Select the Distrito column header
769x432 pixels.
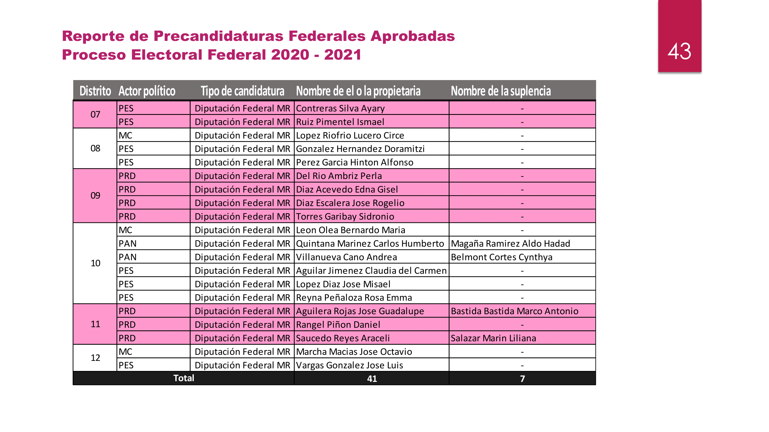point(95,91)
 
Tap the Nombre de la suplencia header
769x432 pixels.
point(501,91)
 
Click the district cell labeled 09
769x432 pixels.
point(95,196)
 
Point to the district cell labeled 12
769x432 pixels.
point(95,357)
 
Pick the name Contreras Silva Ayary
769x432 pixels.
point(340,108)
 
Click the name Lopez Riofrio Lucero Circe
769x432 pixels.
point(350,135)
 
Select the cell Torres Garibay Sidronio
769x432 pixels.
point(345,217)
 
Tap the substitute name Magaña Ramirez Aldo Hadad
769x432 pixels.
point(510,244)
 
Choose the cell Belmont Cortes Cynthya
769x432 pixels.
point(501,257)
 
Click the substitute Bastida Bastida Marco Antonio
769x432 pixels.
point(514,311)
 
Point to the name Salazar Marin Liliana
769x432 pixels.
point(493,338)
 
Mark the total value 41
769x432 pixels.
point(372,379)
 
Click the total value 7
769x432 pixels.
point(522,379)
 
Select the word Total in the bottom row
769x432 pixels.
point(184,378)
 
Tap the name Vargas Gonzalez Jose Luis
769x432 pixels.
point(349,365)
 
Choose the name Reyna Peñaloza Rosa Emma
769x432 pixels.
point(354,298)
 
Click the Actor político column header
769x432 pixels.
point(147,91)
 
